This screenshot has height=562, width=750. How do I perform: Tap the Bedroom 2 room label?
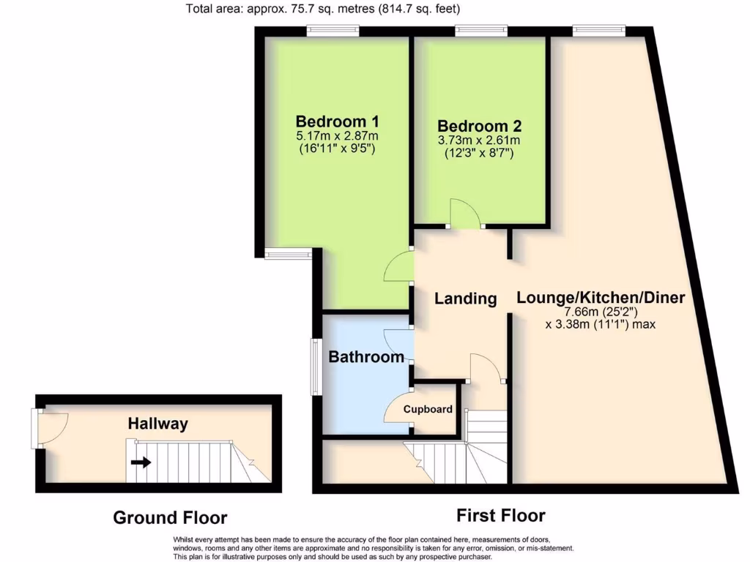click(x=479, y=126)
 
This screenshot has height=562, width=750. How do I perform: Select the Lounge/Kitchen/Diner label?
click(x=601, y=298)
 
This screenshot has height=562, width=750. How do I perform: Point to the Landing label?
click(x=466, y=299)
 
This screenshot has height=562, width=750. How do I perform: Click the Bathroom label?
click(x=366, y=357)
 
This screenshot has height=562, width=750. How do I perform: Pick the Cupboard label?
click(x=428, y=410)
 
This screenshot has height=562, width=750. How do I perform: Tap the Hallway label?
click(x=158, y=424)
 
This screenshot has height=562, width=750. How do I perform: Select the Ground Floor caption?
click(x=170, y=518)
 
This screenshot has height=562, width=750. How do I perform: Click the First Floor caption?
click(x=501, y=516)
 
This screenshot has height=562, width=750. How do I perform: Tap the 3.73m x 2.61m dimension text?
click(x=479, y=141)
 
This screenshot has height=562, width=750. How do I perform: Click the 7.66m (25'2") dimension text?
click(x=601, y=311)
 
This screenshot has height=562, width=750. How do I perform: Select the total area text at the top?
click(x=323, y=10)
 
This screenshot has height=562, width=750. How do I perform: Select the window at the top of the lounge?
click(x=598, y=31)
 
